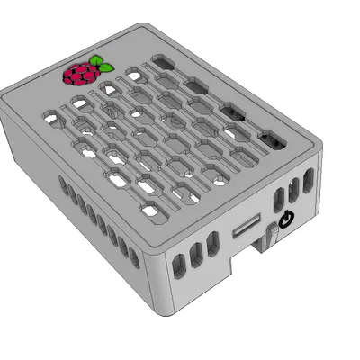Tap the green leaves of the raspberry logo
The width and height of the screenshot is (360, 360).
pos(103,66)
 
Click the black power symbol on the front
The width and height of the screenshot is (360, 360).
pos(287,219)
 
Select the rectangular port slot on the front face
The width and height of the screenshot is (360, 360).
pos(246,229)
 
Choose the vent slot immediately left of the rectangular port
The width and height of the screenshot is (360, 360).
pos(212,245)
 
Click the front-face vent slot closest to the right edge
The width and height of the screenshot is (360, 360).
pos(309,183)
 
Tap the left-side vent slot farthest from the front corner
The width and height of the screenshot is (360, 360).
pos(63,186)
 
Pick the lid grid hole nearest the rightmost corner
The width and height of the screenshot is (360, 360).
pos(270,141)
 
